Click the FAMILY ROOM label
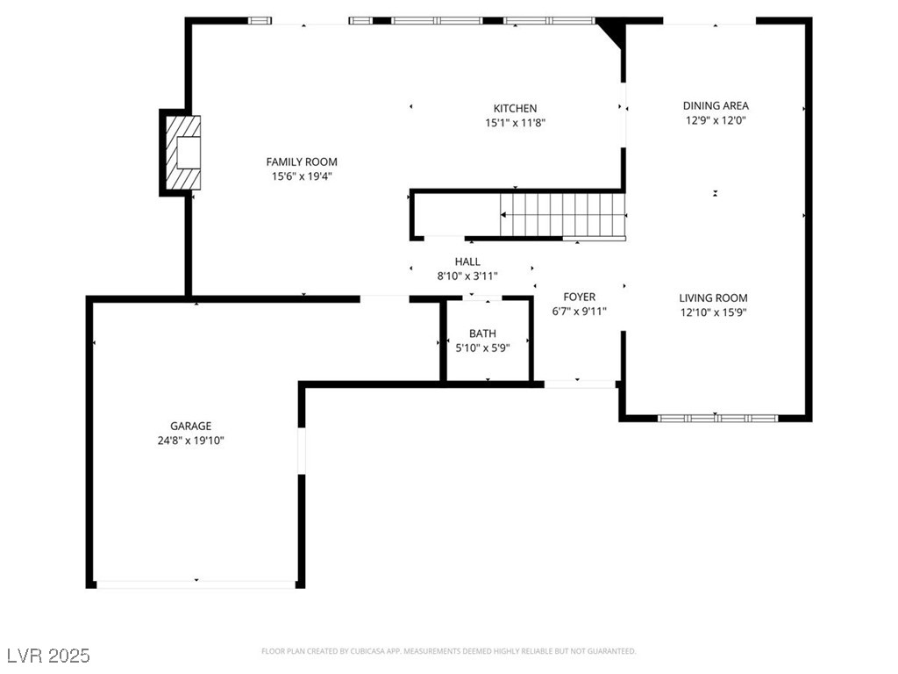pyautogui.click(x=302, y=161)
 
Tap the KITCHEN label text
pyautogui.click(x=515, y=109)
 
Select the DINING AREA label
pyautogui.click(x=716, y=106)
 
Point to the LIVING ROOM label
pyautogui.click(x=713, y=298)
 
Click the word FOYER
pyautogui.click(x=579, y=297)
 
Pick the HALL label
pyautogui.click(x=467, y=262)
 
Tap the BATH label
pyautogui.click(x=482, y=333)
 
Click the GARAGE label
pyautogui.click(x=190, y=427)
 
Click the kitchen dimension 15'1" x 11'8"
pyautogui.click(x=516, y=124)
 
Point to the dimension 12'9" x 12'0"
pyautogui.click(x=716, y=121)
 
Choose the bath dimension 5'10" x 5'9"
pyautogui.click(x=482, y=348)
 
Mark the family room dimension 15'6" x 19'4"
pyautogui.click(x=302, y=176)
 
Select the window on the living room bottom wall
pyautogui.click(x=717, y=418)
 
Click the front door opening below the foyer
pyautogui.click(x=579, y=384)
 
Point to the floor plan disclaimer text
pyautogui.click(x=449, y=651)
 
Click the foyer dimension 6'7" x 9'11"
pyautogui.click(x=579, y=312)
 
